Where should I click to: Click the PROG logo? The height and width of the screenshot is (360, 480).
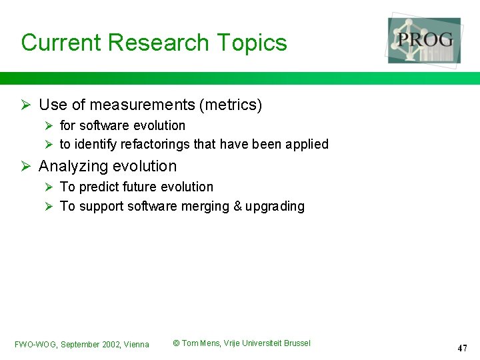425,40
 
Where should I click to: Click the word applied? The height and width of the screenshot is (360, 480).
307,145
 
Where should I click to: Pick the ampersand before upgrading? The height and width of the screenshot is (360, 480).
237,207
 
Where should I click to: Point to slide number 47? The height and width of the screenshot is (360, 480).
463,348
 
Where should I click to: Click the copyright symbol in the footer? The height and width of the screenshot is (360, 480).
176,343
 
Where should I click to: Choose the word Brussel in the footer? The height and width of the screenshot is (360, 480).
297,343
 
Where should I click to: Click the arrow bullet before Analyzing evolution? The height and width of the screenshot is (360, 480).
25,167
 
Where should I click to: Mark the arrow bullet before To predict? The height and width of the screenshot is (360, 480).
48,187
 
